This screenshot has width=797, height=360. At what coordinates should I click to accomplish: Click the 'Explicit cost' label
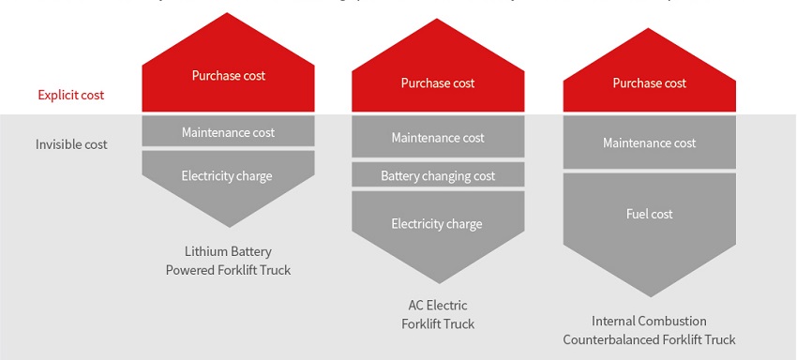pos(71,95)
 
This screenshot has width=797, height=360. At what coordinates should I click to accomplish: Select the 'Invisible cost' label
pos(71,144)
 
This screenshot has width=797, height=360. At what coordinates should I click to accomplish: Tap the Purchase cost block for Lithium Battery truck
pos(228,76)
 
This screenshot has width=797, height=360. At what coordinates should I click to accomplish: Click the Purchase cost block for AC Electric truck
pos(438,83)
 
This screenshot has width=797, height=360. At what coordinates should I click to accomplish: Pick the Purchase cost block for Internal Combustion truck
pos(649,83)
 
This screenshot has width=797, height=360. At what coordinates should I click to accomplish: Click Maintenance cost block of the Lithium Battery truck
pos(228,132)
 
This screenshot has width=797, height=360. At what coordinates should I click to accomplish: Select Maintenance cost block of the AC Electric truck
pos(438,138)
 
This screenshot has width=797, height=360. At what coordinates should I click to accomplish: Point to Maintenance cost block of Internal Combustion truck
pos(649,143)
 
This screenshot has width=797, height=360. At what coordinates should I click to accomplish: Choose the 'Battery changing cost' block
pos(438,175)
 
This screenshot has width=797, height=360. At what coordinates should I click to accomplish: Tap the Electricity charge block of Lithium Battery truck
pos(228,176)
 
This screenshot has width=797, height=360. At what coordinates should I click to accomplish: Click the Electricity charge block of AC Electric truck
pos(438,224)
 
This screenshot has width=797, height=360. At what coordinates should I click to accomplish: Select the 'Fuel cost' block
pos(649,214)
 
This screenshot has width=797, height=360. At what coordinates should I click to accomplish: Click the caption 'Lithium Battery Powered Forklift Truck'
pos(228,261)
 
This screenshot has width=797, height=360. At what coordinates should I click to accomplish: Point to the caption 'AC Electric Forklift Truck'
pos(438,314)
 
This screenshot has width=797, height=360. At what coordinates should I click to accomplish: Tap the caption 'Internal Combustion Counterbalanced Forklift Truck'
pos(649,330)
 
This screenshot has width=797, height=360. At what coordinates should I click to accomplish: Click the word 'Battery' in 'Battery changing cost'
pos(401,175)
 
